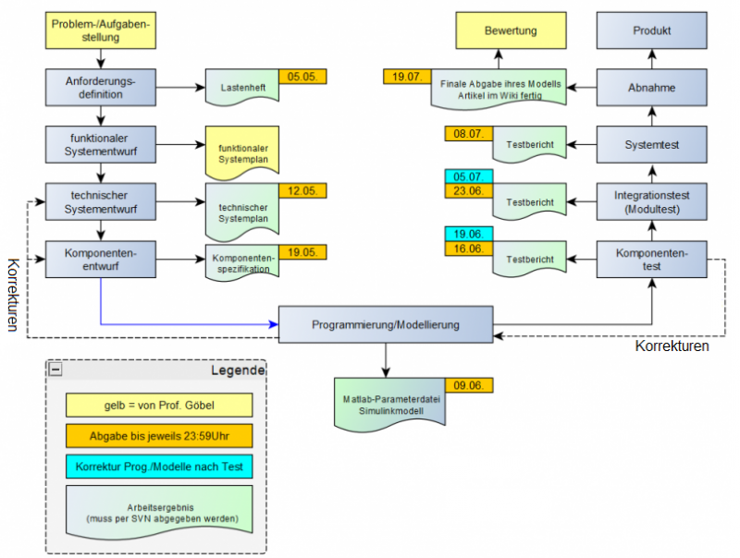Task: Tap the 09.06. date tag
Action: (x=470, y=384)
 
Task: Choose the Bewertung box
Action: (x=511, y=30)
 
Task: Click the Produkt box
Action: (x=651, y=30)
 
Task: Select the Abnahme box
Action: (x=651, y=88)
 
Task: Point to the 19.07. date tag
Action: (x=407, y=77)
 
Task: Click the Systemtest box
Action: (x=651, y=145)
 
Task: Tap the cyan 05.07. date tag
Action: (x=469, y=176)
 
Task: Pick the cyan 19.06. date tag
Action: (x=469, y=234)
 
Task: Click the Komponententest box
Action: (x=651, y=260)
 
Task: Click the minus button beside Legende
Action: (x=56, y=370)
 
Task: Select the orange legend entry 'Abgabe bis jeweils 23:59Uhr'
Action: (x=158, y=435)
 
